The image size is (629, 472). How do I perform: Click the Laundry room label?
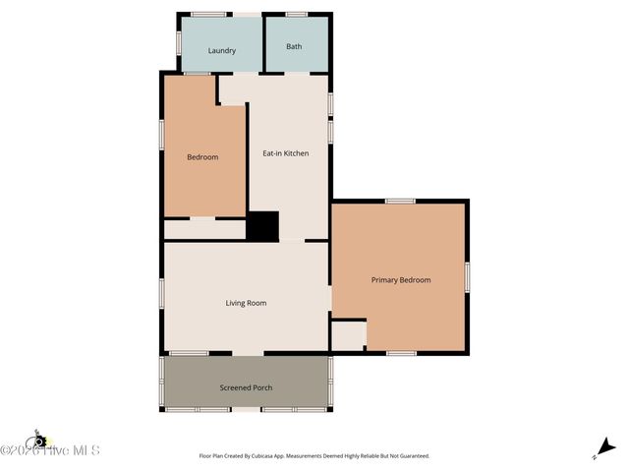point(222,50)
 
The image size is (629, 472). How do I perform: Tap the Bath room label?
point(294,46)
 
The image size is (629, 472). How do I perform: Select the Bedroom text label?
point(202,156)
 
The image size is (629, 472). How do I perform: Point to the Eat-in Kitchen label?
point(286,153)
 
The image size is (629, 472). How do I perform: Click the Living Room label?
point(246,303)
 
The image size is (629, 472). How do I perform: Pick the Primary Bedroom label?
point(401,280)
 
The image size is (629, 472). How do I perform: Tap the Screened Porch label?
point(246,387)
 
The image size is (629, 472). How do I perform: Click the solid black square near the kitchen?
point(262,226)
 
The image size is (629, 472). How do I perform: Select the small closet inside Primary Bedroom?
point(348,335)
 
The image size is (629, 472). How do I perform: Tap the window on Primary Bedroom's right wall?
point(467,276)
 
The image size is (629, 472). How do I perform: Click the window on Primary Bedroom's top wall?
point(400,201)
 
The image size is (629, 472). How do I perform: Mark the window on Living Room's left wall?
point(162,293)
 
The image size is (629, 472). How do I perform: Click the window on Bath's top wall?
point(296,14)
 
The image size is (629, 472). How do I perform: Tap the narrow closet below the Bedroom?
point(203,229)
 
